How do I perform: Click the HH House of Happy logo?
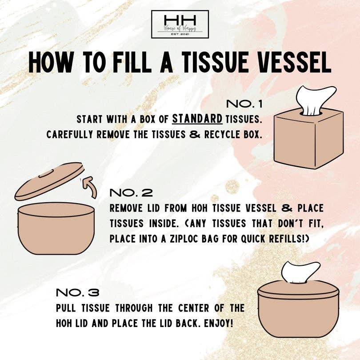(180, 24)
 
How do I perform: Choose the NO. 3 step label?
(77, 293)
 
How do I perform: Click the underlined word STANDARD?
(197, 119)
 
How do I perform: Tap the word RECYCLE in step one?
(222, 134)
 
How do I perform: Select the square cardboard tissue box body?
(302, 140)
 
